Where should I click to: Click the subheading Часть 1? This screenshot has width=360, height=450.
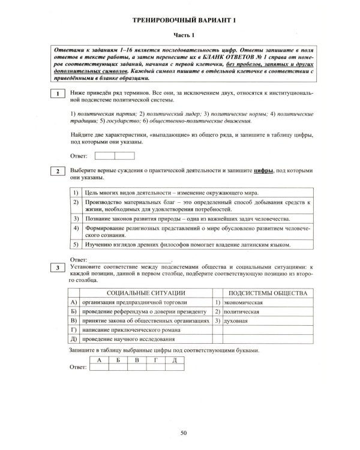180,36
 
